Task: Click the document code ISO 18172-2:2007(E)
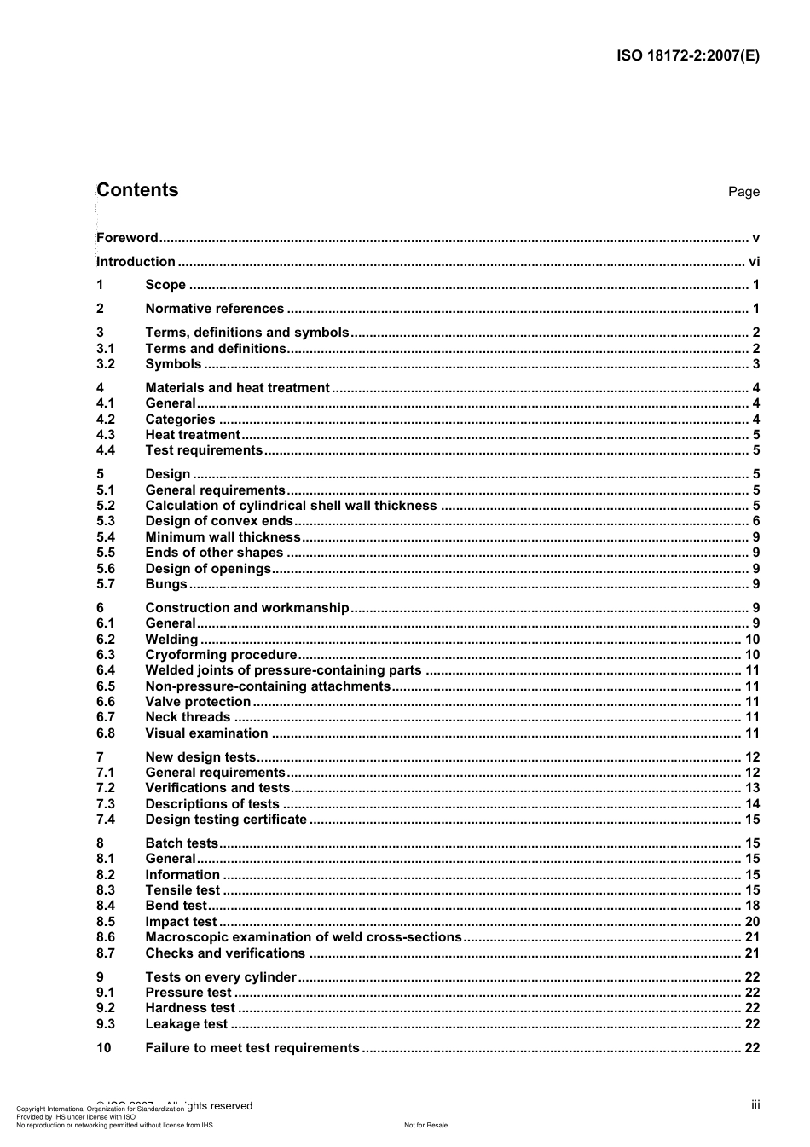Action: [x=687, y=56]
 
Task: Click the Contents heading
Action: [x=137, y=190]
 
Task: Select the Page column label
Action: [x=743, y=192]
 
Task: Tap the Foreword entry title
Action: [x=127, y=238]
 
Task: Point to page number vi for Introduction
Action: [x=754, y=262]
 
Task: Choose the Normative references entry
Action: [x=214, y=309]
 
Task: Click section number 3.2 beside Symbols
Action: [x=105, y=364]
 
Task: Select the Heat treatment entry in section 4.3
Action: [x=193, y=435]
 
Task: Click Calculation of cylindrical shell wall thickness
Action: [x=291, y=506]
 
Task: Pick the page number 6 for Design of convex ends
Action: [x=755, y=521]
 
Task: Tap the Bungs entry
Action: [x=165, y=584]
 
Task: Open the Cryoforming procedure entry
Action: [x=221, y=655]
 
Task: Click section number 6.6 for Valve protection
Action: [x=105, y=702]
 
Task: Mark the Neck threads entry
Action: [x=188, y=717]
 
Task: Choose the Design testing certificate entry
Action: [x=226, y=820]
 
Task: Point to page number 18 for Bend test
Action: [x=752, y=906]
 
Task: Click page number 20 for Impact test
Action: [x=752, y=922]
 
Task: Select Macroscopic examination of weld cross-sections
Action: [x=304, y=937]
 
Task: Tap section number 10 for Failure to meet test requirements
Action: [x=103, y=1048]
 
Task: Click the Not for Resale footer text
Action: [x=425, y=1125]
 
